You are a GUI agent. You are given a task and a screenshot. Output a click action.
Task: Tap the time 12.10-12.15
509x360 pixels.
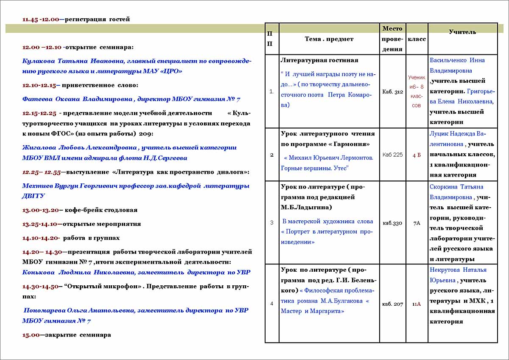[x=39, y=85]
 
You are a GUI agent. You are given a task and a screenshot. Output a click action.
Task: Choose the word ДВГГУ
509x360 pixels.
[x=34, y=196]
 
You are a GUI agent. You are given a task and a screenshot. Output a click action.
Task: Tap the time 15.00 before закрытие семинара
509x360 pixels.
[x=31, y=335]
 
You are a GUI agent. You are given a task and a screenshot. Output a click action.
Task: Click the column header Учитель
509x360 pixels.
[x=462, y=32]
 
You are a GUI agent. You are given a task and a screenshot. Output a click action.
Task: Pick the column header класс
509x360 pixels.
[x=417, y=39]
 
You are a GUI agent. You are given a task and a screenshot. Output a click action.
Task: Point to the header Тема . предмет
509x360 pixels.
[x=329, y=39]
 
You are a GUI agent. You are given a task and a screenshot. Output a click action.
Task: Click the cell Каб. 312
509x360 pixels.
[x=392, y=92]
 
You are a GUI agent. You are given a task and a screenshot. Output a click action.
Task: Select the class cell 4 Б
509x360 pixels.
[x=417, y=155]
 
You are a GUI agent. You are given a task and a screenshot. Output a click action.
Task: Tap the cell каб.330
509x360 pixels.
[x=392, y=222]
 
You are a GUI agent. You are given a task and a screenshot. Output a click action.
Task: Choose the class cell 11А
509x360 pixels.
[x=417, y=304]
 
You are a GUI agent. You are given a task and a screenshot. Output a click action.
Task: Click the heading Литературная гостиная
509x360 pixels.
[x=319, y=60]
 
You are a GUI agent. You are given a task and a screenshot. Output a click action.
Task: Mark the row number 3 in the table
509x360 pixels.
[x=272, y=222]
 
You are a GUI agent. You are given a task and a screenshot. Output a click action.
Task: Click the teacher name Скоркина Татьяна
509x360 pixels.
[x=456, y=187]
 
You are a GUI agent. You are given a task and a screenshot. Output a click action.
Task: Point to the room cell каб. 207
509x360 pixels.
[x=392, y=304]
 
